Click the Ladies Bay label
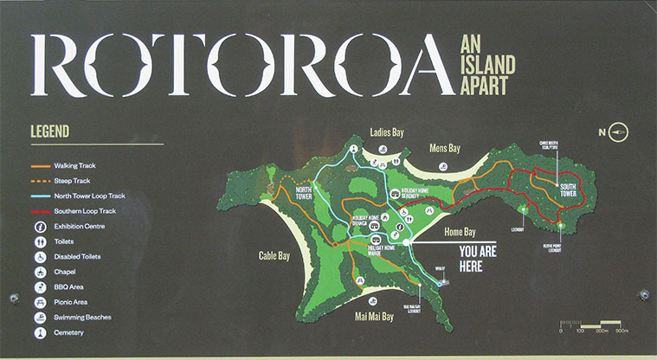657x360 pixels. [388, 132]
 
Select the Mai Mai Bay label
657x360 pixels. [375, 317]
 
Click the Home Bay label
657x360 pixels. [460, 232]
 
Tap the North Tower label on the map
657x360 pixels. [304, 192]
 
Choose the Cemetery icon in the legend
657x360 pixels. [40, 332]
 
